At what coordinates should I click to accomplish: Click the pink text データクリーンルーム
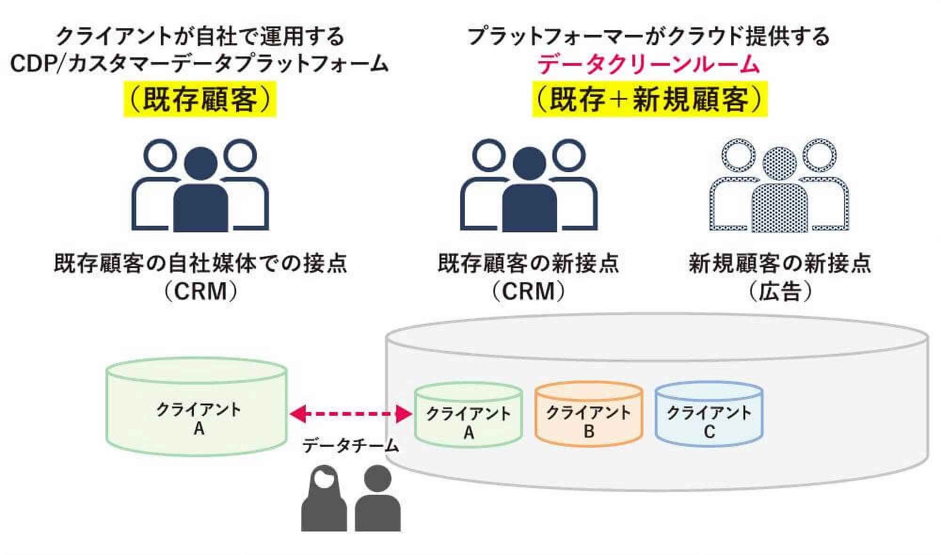[x=648, y=64]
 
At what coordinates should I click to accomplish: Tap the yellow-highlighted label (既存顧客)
[x=200, y=100]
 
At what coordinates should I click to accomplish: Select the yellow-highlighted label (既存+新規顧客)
[x=649, y=100]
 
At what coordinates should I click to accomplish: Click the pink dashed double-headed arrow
[x=351, y=414]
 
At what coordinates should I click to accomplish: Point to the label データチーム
[x=351, y=445]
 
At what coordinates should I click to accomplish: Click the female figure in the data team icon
[x=324, y=501]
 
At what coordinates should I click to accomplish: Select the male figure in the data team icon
[x=377, y=501]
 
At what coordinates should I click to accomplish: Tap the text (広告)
[x=781, y=292]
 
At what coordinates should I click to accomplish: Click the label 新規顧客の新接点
[x=780, y=263]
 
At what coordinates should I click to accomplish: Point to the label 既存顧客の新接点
[x=528, y=263]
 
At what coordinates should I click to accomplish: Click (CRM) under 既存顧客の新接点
[x=528, y=292]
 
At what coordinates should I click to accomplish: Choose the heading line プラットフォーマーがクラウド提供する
[x=648, y=36]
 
